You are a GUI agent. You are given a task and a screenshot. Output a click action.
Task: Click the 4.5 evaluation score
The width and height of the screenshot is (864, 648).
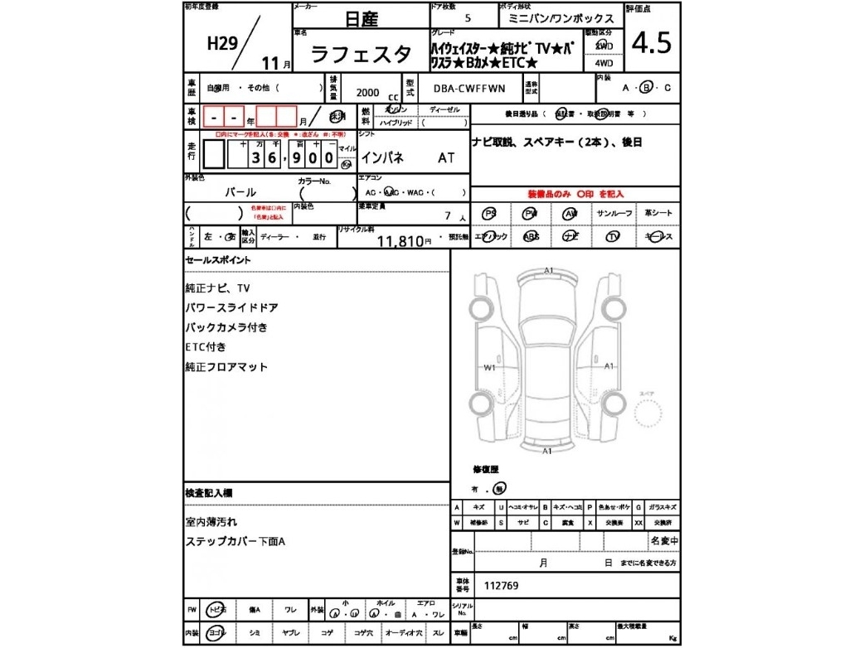tap(652, 43)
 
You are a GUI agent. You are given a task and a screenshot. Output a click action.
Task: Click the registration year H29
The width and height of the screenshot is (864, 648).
tap(222, 45)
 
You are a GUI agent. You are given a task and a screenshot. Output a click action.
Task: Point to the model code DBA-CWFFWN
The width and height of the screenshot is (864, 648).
tap(468, 89)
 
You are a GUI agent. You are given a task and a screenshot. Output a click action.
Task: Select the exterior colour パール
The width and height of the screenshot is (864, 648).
tap(240, 191)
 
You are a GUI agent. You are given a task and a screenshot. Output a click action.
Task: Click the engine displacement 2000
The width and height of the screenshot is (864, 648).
tap(368, 92)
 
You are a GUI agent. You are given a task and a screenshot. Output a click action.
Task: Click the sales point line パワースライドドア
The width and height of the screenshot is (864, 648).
tap(231, 307)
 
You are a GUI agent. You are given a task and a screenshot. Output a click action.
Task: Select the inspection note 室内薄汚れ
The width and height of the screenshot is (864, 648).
tap(211, 522)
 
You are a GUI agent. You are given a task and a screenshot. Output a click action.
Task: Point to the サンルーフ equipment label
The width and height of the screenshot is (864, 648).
tap(614, 214)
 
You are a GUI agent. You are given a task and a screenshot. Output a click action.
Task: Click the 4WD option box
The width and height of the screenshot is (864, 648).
tap(604, 63)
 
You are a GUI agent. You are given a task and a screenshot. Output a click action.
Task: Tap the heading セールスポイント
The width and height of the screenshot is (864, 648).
tap(217, 260)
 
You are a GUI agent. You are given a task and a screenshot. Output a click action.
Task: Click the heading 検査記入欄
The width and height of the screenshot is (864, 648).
tap(208, 493)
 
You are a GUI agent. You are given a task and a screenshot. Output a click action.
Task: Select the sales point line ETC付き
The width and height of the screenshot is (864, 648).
tap(206, 347)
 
